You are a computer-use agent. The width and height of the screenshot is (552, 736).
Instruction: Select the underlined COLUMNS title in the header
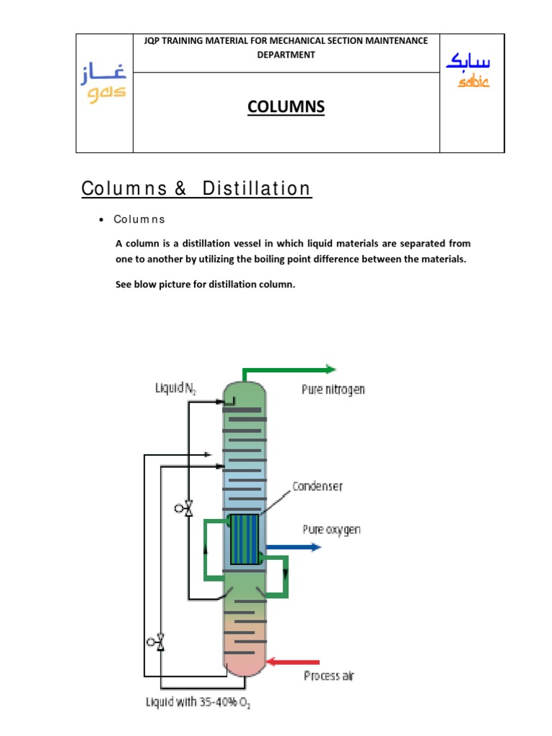tap(286, 107)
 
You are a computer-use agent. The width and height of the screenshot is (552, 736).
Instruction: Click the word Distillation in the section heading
tap(257, 189)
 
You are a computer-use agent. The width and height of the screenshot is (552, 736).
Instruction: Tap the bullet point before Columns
tap(103, 220)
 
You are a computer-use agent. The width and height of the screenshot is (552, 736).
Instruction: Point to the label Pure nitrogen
tap(333, 390)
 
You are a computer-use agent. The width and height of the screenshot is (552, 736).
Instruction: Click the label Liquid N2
tap(176, 389)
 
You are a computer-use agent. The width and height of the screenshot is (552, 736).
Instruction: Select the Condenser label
tap(317, 487)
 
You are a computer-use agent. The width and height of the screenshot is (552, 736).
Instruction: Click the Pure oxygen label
tap(331, 530)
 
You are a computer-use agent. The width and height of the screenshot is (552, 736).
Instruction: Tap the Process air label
tap(328, 676)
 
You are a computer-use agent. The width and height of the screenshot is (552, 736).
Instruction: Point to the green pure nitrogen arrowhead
tap(330, 369)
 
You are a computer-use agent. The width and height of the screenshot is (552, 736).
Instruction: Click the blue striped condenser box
tap(244, 539)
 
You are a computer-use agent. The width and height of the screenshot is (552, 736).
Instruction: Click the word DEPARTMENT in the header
tap(286, 55)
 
